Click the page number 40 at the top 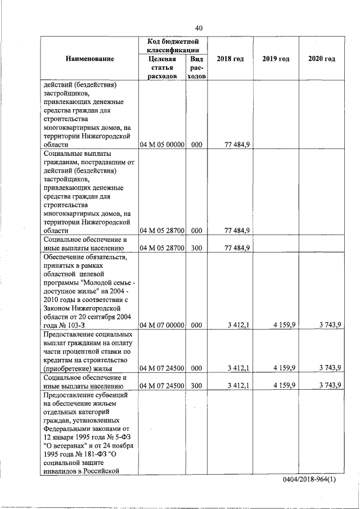[199, 28]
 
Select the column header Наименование [89, 59]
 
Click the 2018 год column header [230, 59]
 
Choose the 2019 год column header [276, 59]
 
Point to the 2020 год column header [321, 59]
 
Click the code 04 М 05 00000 [162, 145]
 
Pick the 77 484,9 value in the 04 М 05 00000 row [237, 145]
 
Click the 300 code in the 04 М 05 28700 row [196, 247]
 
